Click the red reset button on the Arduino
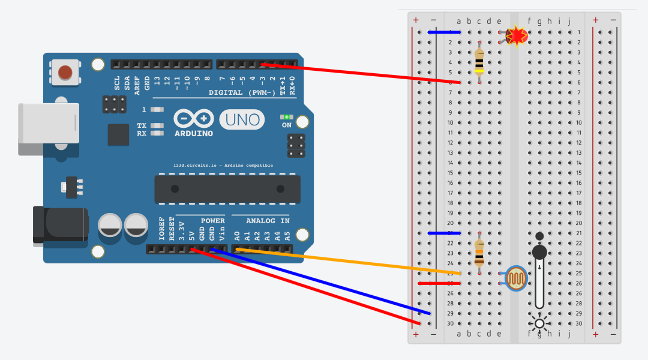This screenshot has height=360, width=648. click(65, 73)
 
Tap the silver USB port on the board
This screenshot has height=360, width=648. click(49, 123)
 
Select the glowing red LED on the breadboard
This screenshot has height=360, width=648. click(516, 37)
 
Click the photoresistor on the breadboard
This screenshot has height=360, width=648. click(516, 278)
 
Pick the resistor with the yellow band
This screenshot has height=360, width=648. click(479, 62)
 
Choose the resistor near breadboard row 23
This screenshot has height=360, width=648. click(479, 253)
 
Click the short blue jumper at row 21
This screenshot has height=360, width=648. click(444, 233)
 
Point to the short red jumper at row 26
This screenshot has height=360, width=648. click(439, 283)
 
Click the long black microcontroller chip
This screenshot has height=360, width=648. click(227, 188)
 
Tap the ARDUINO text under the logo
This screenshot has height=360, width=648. click(193, 133)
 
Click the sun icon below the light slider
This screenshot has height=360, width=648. click(539, 323)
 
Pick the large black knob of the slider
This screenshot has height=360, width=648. click(540, 252)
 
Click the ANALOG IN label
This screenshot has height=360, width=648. click(268, 221)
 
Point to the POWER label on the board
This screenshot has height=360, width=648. click(212, 221)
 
